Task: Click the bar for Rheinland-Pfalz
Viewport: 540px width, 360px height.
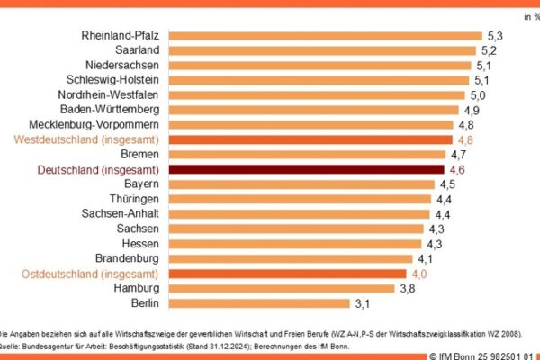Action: tap(324, 37)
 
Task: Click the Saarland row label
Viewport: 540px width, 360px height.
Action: tap(138, 51)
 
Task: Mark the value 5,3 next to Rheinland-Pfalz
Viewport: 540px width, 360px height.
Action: tap(495, 37)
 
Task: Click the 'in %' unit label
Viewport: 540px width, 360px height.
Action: tap(528, 15)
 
